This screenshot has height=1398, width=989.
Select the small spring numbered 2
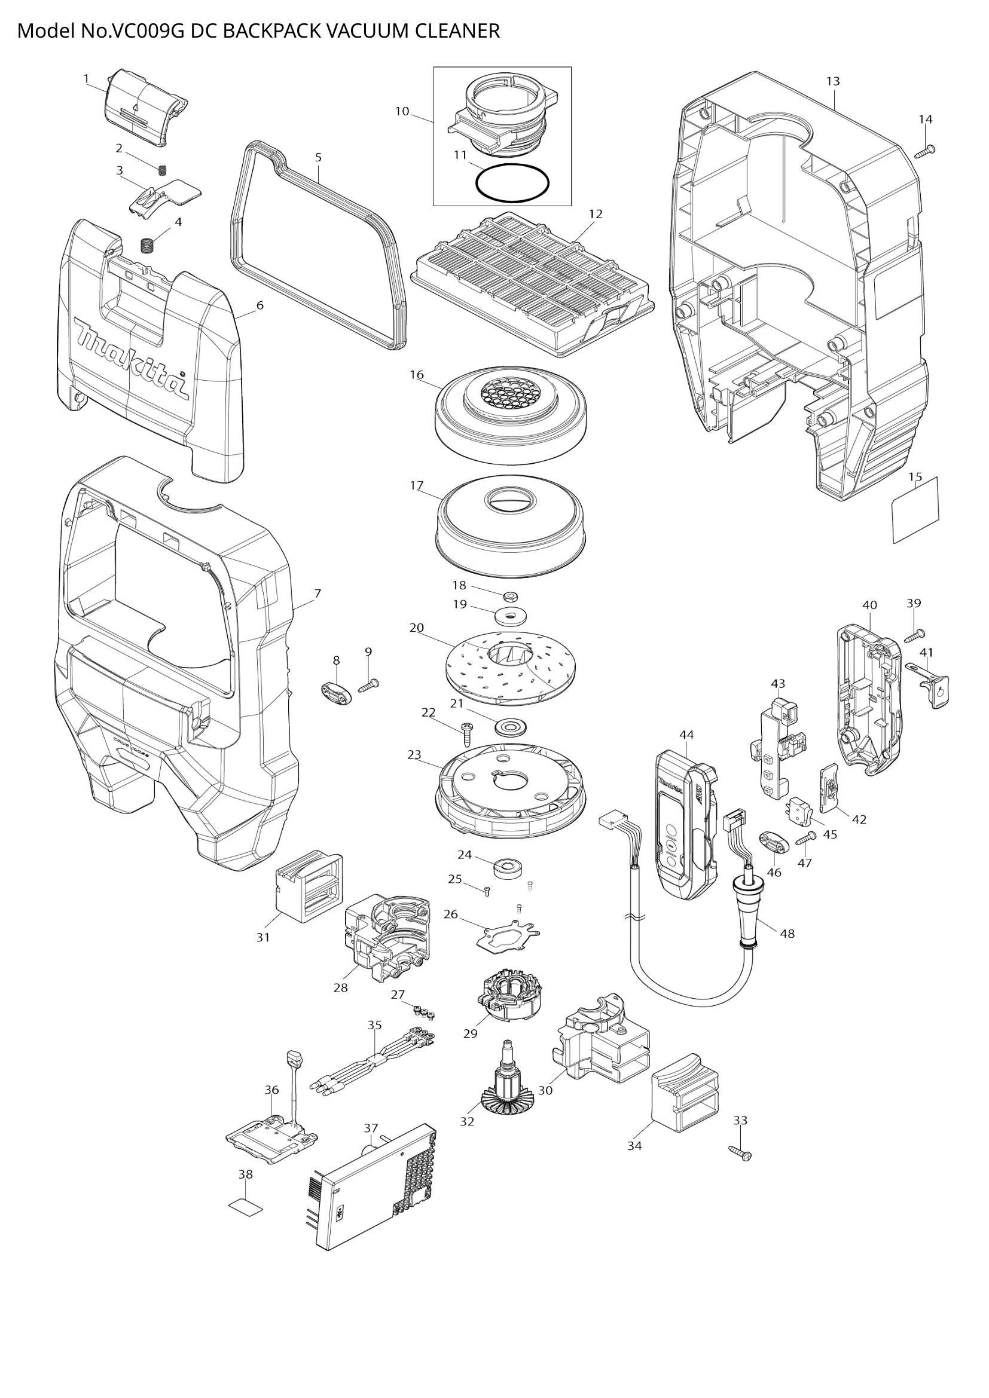pos(163,170)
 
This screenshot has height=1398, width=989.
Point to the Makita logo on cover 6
pos(131,359)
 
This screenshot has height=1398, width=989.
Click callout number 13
pos(832,81)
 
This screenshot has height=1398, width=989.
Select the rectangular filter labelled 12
pos(533,286)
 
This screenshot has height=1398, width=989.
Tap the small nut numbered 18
pos(511,594)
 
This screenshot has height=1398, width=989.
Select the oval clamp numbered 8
pos(336,693)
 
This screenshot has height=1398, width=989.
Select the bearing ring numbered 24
pos(507,867)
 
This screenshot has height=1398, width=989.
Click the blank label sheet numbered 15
pos(915,510)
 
